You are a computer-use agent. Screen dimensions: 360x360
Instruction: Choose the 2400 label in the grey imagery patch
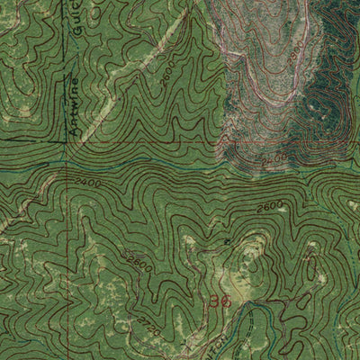(x=277, y=157)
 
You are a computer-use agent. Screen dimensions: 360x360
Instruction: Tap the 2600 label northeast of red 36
(x=268, y=208)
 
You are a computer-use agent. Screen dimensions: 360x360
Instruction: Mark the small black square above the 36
(x=227, y=244)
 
